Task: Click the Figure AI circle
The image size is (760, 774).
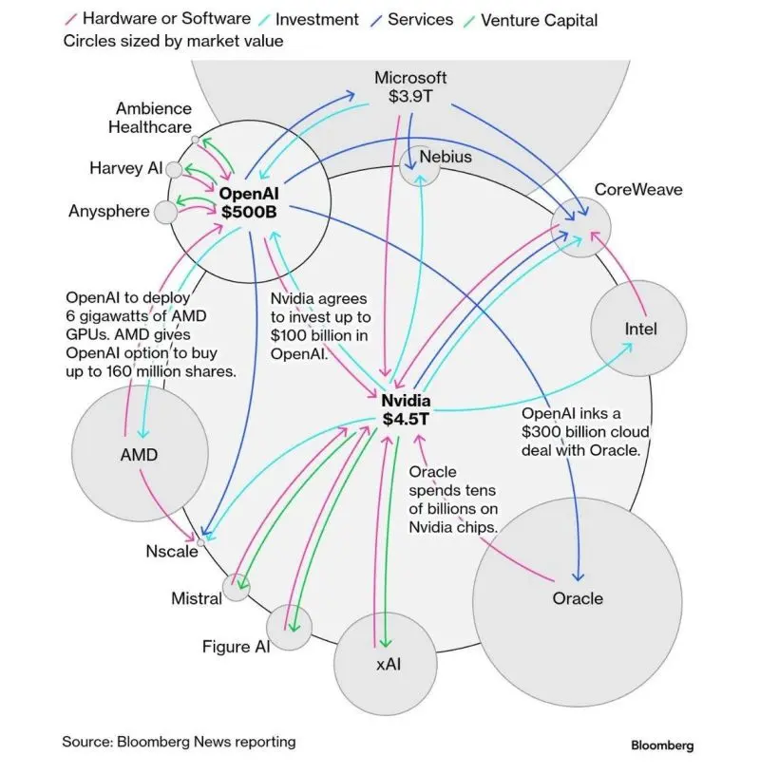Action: click(289, 627)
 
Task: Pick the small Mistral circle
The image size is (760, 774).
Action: click(235, 588)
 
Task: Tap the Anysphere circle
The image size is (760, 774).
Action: click(165, 211)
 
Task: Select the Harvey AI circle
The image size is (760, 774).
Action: click(174, 169)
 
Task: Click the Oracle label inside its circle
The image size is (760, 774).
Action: click(578, 598)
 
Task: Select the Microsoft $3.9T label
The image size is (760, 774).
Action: click(409, 86)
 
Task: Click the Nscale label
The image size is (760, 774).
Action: click(171, 551)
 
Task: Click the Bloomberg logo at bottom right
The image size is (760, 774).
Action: click(662, 746)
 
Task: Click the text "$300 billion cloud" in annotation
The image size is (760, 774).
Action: click(585, 432)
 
